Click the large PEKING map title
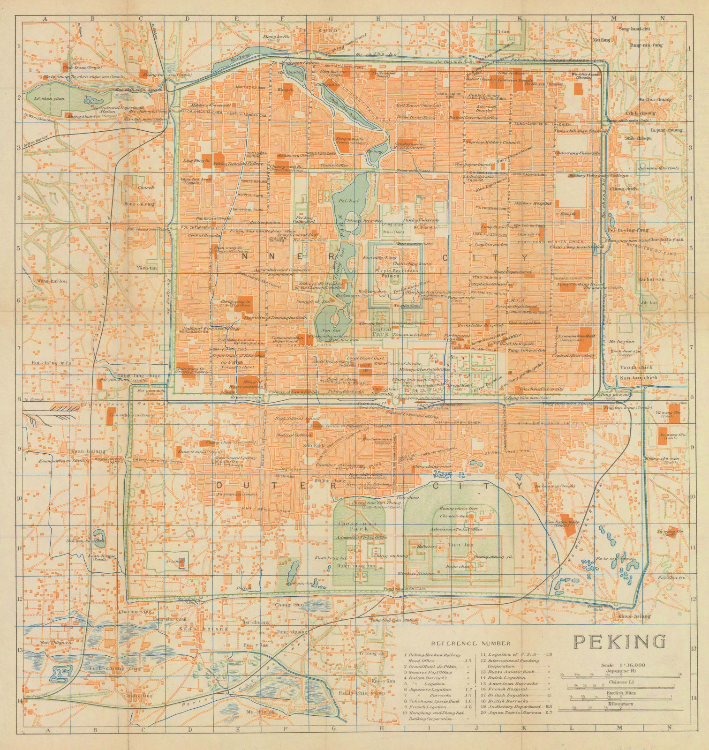[620, 640]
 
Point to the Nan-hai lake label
[328, 330]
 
